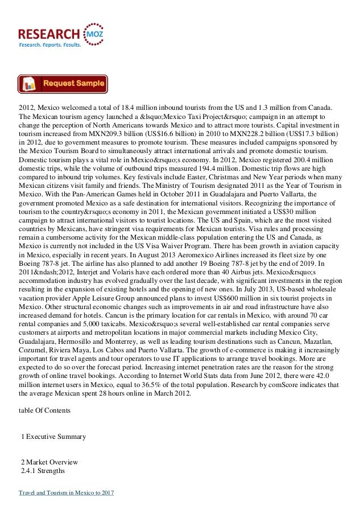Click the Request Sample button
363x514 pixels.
click(63, 84)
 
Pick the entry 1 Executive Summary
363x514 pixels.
click(53, 437)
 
